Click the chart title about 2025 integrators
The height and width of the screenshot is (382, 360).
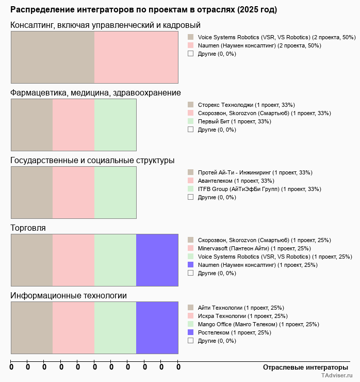tap(143, 10)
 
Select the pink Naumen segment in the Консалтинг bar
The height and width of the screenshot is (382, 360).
tap(136, 57)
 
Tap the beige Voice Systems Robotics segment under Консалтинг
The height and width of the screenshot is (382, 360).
tap(53, 57)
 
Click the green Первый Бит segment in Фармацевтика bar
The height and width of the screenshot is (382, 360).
tap(115, 124)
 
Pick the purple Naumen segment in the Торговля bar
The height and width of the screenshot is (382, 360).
tap(157, 260)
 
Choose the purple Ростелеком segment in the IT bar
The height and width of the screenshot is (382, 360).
tap(157, 327)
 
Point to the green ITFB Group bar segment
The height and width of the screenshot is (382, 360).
tap(115, 192)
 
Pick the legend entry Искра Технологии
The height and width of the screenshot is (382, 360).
tap(242, 316)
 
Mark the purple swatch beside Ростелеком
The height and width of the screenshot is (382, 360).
tap(190, 332)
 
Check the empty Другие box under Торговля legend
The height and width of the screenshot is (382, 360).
tap(190, 273)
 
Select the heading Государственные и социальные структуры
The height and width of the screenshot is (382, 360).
tap(92, 160)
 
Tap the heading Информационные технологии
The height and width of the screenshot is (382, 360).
tap(69, 295)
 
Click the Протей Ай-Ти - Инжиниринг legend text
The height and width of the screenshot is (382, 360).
tap(255, 172)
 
